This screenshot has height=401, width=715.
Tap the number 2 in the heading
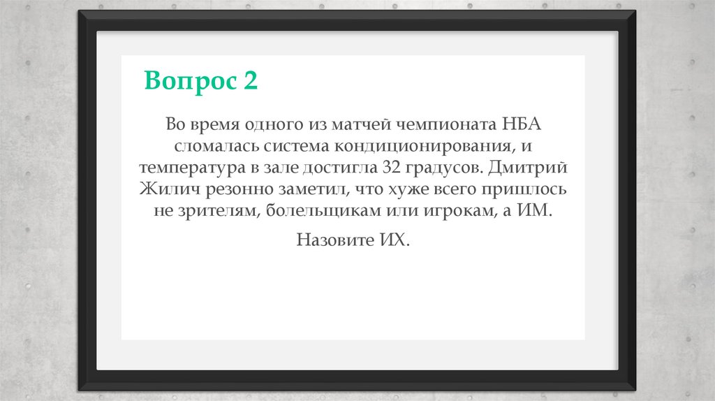point(251,81)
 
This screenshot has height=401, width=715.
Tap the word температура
point(187,169)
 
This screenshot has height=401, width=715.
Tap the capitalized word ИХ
point(394,241)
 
